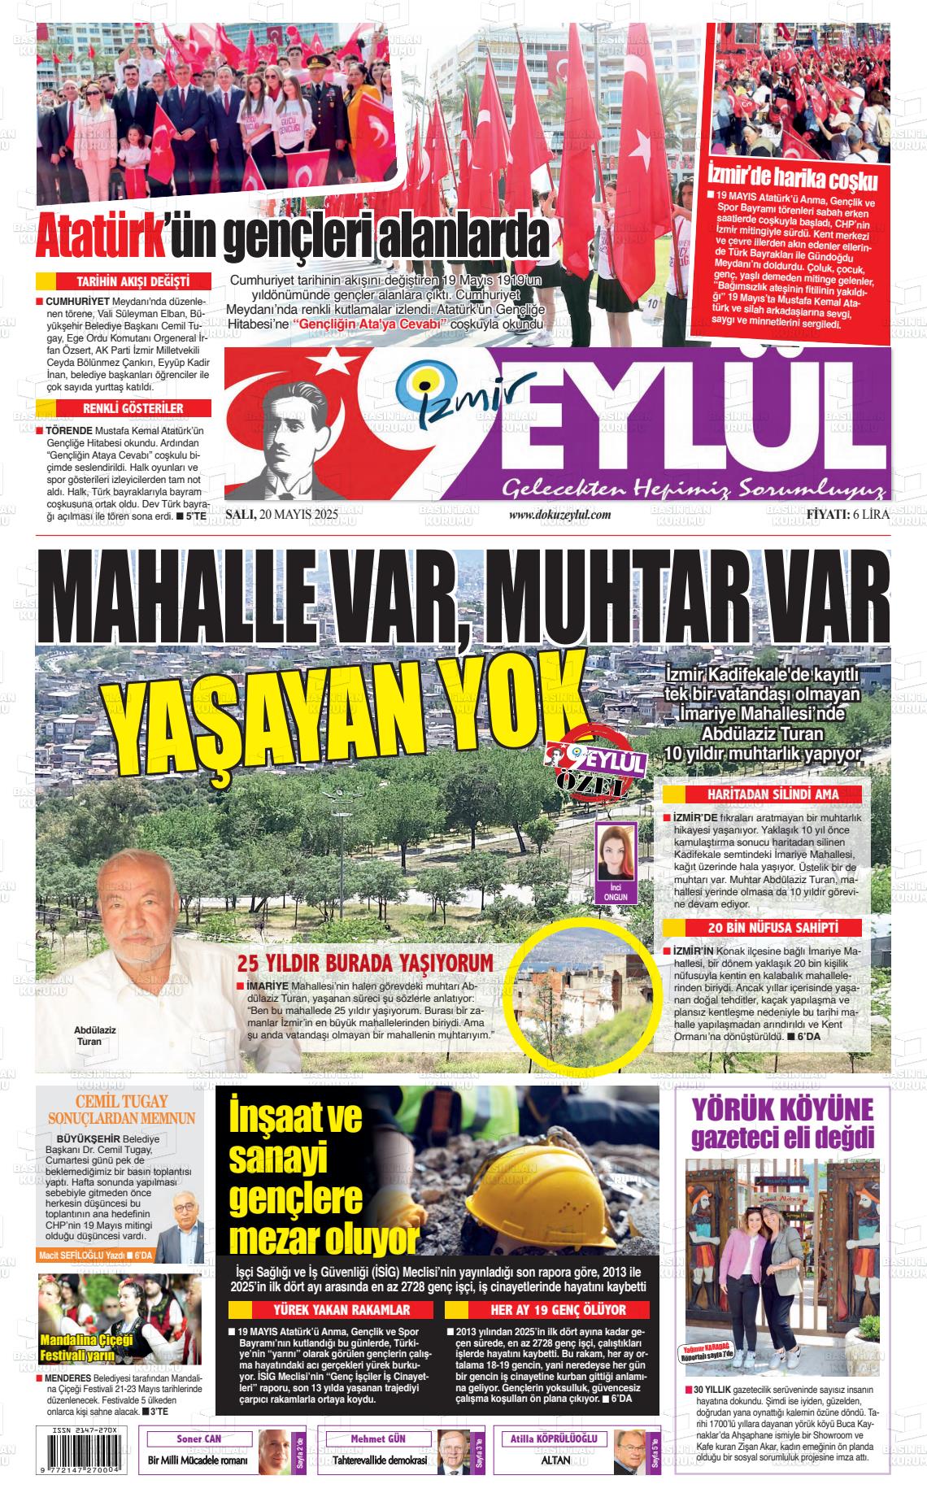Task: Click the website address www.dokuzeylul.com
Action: (x=559, y=515)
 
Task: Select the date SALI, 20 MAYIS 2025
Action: (x=281, y=515)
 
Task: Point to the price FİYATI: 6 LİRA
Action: (x=847, y=515)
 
